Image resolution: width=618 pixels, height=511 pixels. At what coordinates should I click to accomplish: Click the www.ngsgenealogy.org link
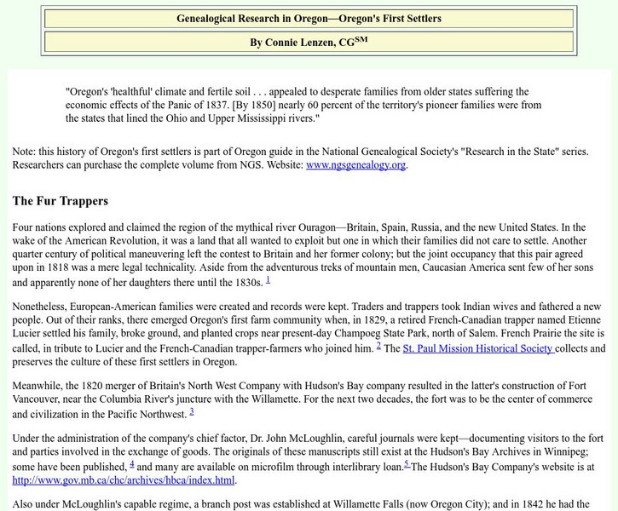coord(355,164)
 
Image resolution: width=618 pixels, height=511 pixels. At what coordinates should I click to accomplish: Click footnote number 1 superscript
coord(268,278)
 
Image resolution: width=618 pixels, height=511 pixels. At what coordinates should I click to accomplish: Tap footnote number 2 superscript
coord(378,345)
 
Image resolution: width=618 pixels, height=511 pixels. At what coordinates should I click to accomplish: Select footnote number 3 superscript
coord(192,411)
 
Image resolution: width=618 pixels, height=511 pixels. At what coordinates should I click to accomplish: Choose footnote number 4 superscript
coord(131,463)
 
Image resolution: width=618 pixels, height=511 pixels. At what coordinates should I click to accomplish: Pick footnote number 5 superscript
coord(407,463)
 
